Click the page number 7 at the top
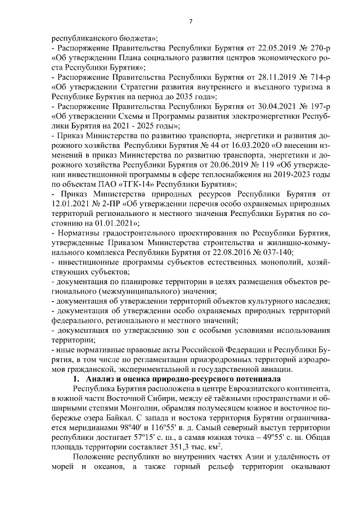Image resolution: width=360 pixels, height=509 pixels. tap(191, 21)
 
